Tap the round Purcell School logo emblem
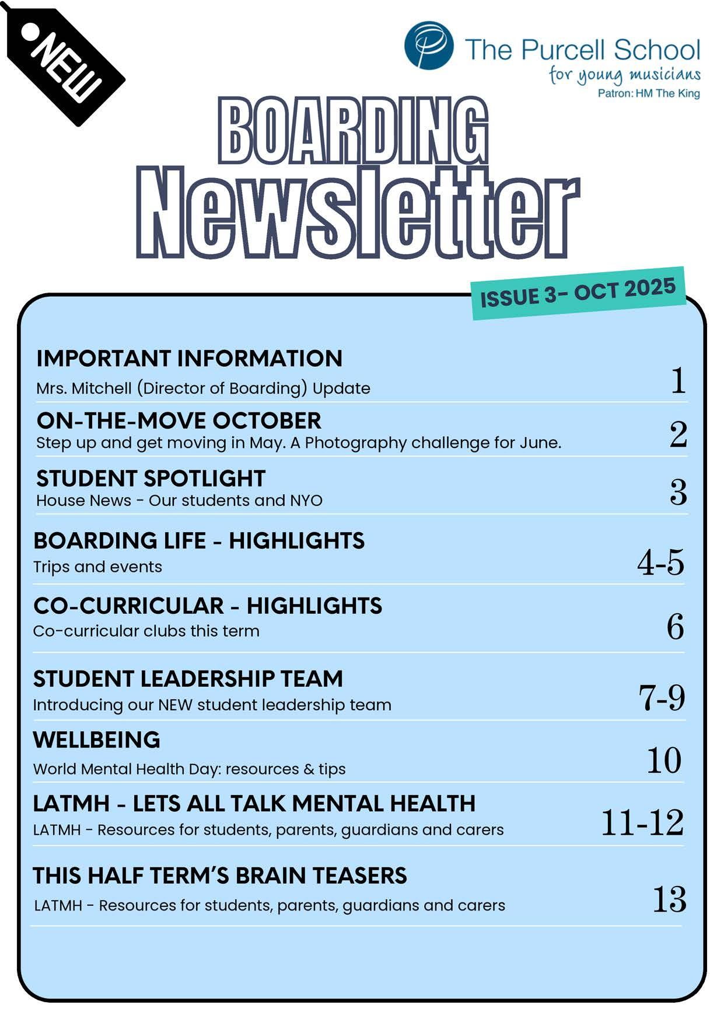pos(429,46)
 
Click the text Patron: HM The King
pos(648,93)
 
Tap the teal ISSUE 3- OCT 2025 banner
pos(578,293)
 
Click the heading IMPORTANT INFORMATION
pos(189,359)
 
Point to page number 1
pos(677,381)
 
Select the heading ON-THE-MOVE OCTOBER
pos(179,421)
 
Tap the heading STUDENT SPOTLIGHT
pos(151,478)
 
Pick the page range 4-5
pos(660,563)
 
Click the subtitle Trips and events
pos(97,567)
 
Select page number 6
pos(675,627)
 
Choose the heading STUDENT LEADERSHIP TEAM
pos(188,679)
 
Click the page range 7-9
pos(662,697)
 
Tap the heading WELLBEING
pos(96,740)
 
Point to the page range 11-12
pos(642,822)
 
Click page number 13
pos(669,899)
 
